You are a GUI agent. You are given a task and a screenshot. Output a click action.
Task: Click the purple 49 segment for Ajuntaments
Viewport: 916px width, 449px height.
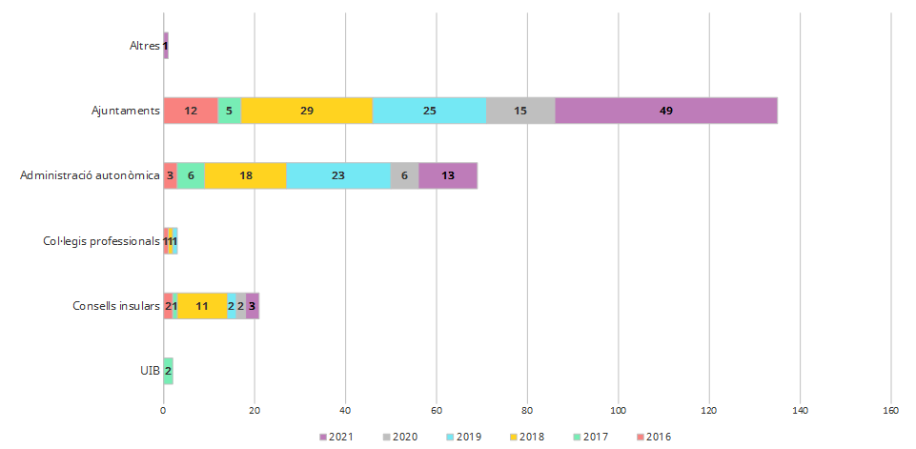point(666,111)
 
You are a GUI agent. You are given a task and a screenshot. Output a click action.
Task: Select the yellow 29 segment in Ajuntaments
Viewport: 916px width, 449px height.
point(307,111)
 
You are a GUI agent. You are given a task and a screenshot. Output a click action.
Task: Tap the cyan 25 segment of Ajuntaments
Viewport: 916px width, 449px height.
point(429,111)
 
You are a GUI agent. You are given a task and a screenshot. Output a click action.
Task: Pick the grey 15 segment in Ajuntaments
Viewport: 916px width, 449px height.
point(520,111)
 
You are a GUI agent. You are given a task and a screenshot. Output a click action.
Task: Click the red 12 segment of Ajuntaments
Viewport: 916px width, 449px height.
point(191,111)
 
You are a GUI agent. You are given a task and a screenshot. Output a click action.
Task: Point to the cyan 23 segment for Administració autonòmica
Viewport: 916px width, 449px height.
point(338,175)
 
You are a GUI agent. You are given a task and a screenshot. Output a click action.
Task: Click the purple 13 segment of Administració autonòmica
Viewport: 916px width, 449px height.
point(448,175)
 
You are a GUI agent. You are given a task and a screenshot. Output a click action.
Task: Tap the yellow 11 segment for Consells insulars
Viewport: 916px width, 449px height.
point(202,306)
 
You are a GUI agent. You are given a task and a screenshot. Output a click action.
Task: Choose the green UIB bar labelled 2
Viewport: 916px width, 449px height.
point(169,371)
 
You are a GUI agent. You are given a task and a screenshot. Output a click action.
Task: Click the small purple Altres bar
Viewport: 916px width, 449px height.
point(166,46)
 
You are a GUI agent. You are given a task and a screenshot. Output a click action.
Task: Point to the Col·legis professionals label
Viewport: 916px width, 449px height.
point(102,241)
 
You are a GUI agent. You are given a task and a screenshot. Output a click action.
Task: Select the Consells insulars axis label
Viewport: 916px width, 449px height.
point(116,306)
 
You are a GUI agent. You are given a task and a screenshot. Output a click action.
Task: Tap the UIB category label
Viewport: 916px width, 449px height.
point(150,371)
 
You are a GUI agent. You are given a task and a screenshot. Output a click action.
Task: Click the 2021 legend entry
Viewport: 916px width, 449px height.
point(335,438)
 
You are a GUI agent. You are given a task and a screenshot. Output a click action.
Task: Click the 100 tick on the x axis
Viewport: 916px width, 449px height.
point(619,411)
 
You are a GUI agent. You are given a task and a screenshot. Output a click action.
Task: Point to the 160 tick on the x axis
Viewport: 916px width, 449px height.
point(891,411)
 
